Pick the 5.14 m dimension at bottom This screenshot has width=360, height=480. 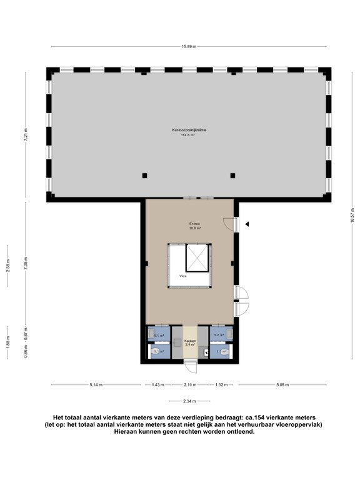[x=96, y=384]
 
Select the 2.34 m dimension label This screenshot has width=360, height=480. [x=189, y=401]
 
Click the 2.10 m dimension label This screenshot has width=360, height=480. [x=189, y=384]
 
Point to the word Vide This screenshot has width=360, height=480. [x=183, y=275]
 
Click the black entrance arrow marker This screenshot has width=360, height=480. [x=247, y=224]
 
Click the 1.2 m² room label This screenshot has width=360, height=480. [x=219, y=336]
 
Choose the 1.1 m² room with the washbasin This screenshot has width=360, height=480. [x=158, y=336]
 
